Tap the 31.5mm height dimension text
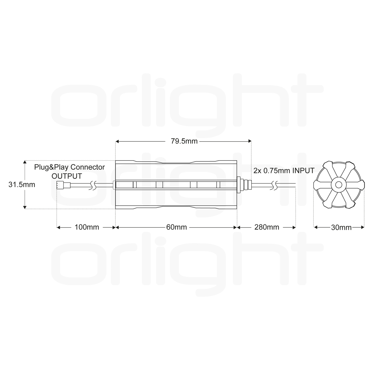21,185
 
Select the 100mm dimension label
87,227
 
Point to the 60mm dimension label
176,227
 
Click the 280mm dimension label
267,227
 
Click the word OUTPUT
67,176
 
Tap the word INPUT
303,170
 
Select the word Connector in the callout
87,167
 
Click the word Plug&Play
52,167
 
